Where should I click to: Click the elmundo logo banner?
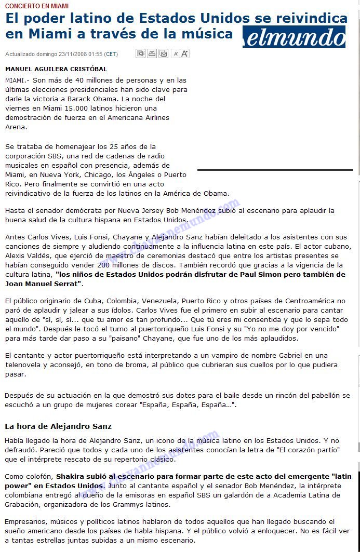point(294,37)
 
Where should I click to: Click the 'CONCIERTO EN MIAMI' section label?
point(37,6)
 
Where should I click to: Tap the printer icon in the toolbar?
point(152,53)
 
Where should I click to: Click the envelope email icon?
point(163,53)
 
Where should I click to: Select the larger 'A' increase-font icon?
point(185,53)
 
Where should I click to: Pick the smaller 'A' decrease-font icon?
point(176,53)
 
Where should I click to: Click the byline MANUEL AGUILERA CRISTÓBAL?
point(56,69)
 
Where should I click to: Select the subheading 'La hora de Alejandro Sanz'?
point(58,426)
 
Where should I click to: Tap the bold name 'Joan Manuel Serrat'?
point(43,284)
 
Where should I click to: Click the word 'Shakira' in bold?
point(70,476)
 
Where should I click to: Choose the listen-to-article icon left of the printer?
point(140,53)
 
